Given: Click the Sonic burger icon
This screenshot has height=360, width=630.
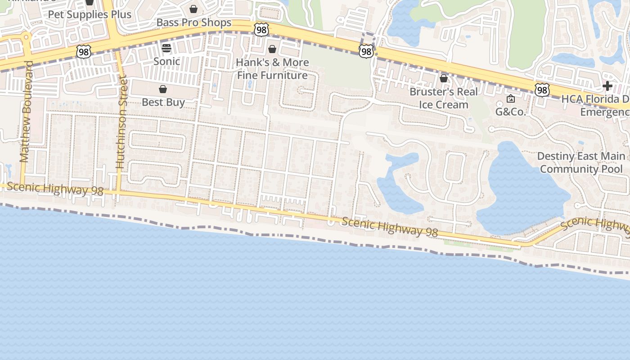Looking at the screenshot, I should (x=166, y=49).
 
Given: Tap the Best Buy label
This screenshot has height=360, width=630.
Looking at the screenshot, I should (x=163, y=102).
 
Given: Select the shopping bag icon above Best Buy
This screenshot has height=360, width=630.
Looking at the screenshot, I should (x=163, y=89).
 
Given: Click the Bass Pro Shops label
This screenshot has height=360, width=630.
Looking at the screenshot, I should (x=194, y=22).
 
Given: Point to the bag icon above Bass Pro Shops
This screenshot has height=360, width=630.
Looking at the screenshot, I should (x=193, y=9).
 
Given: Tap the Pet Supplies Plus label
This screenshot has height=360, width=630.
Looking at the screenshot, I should (x=90, y=14).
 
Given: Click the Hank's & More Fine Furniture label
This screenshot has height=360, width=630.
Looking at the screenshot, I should (x=273, y=68).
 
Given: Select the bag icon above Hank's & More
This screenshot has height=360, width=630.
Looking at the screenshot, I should (x=272, y=49).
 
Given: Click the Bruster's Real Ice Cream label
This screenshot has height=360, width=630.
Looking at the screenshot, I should (x=444, y=98).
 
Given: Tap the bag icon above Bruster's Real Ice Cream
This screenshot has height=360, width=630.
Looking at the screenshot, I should (x=444, y=79).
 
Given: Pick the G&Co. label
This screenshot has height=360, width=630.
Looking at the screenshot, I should (x=511, y=112).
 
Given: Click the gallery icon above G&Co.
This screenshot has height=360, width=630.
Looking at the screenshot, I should (x=511, y=99).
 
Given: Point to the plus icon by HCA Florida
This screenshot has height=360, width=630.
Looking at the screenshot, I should (x=607, y=85).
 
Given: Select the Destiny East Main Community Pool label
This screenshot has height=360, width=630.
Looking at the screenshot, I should (x=581, y=162).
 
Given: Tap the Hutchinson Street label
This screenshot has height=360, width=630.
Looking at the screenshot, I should (x=121, y=122).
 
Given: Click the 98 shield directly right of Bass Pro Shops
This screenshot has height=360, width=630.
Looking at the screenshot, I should (x=261, y=30).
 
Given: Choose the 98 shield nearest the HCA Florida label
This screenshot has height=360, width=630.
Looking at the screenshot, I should (x=543, y=90).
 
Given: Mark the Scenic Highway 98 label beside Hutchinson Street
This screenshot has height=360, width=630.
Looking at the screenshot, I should (x=55, y=189).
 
